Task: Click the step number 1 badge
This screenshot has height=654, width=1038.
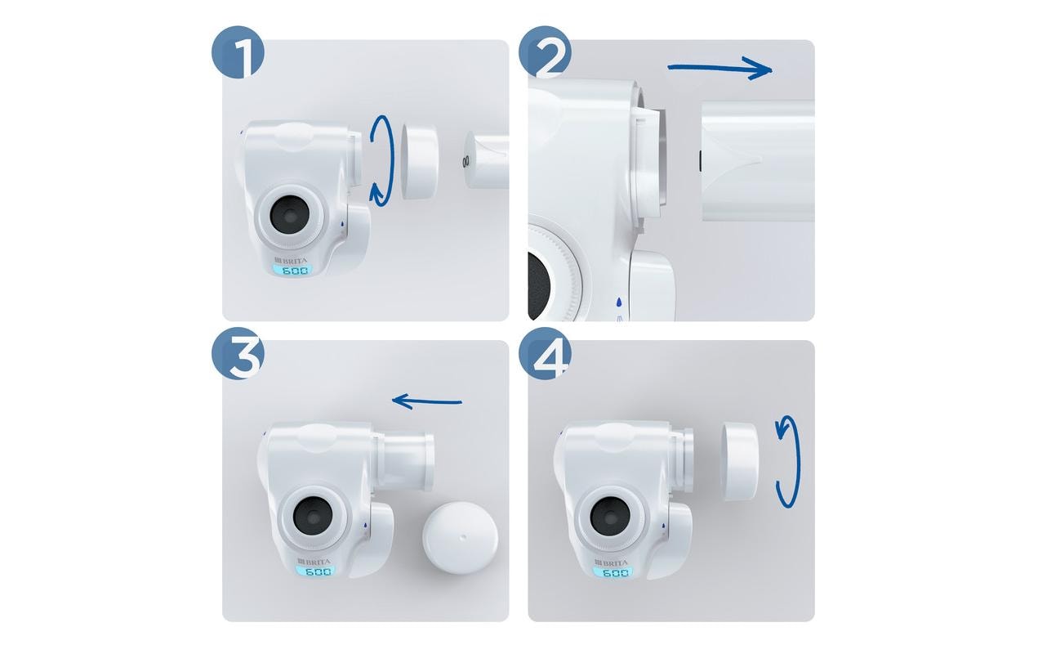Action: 238,52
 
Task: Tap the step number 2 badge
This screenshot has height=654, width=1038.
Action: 545,52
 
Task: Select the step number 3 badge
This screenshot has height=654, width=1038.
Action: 238,353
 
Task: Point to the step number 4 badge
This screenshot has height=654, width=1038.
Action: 545,353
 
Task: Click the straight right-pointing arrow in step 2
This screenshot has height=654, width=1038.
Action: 719,69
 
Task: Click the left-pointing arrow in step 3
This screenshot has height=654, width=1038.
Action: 427,401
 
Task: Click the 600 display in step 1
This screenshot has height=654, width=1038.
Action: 294,271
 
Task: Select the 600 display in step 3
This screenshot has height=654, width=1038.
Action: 317,572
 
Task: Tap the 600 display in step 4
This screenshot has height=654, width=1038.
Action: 615,572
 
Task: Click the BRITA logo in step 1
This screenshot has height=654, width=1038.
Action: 291,261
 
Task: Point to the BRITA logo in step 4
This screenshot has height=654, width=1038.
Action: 611,562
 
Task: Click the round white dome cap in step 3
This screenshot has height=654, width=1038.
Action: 460,539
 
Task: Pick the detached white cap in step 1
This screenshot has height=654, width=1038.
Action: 419,161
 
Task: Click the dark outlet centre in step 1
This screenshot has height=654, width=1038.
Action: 290,216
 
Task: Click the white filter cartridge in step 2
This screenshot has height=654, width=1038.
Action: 758,161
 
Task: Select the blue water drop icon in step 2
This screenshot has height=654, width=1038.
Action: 618,302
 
